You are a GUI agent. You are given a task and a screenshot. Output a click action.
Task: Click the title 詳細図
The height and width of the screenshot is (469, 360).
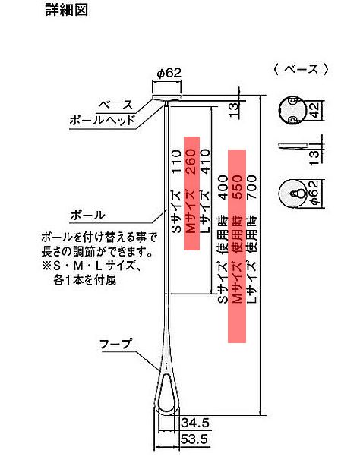66,9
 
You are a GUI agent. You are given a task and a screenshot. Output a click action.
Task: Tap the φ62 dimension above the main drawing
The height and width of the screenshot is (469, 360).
169,73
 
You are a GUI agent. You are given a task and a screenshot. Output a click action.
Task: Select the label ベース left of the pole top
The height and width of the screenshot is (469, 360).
115,105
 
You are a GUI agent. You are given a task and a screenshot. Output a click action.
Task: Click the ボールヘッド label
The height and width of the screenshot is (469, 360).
102,120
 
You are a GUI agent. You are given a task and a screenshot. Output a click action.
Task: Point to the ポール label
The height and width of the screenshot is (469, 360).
87,215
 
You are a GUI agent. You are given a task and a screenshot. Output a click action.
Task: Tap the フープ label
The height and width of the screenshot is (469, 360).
115,344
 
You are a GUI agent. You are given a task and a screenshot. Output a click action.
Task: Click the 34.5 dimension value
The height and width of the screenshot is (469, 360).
195,423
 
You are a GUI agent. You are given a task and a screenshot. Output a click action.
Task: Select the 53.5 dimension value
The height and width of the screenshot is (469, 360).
195,439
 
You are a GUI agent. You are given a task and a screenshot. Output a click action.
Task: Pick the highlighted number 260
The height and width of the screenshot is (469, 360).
191,162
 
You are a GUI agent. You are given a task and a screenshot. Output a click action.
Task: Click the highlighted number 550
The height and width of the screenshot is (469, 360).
237,187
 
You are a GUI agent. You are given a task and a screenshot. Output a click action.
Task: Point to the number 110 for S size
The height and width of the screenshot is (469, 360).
176,162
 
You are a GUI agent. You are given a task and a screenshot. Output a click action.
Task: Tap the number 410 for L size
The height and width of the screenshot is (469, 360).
206,162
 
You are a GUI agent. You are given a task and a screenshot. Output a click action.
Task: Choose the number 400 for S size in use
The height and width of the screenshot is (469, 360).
223,187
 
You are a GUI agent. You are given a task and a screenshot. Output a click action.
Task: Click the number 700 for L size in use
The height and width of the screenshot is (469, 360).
251,187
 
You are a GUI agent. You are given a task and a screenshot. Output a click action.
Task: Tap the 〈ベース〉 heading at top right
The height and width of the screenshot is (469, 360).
301,69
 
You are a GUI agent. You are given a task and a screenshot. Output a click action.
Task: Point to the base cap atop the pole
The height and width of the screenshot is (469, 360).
167,97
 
